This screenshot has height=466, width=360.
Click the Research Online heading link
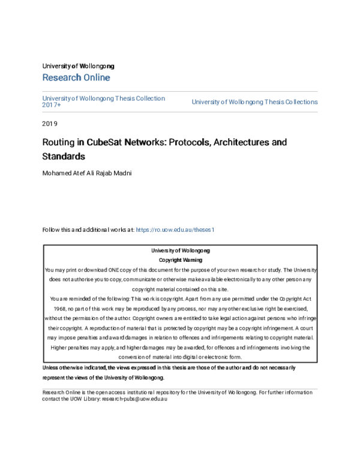pos(76,77)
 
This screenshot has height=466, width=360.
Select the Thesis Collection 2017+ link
pos(103,101)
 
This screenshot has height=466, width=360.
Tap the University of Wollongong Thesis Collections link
pos(254,102)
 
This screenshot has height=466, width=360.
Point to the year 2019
pos(50,124)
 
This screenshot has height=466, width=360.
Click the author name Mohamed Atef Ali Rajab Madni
pos(86,174)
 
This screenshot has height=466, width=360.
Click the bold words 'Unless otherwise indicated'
pos(74,367)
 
